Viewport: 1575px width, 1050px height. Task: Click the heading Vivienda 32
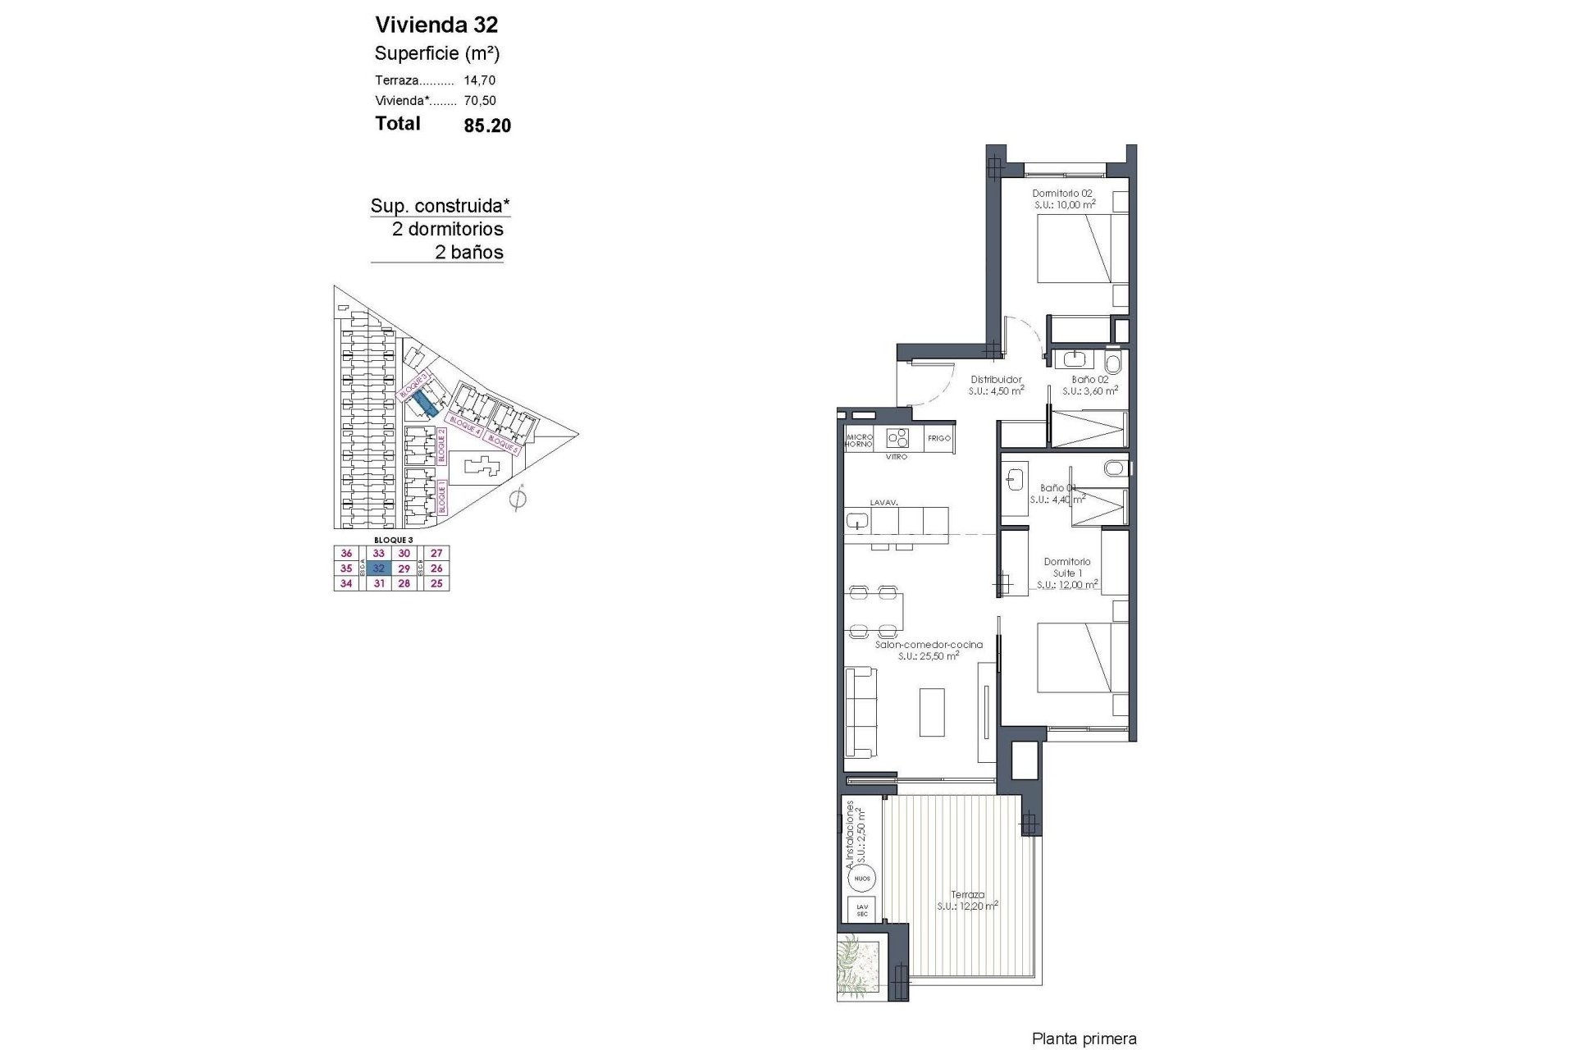(436, 24)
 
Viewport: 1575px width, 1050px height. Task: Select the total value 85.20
(487, 125)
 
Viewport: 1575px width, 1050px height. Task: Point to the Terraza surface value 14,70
(480, 80)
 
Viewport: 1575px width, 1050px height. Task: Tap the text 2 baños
(468, 253)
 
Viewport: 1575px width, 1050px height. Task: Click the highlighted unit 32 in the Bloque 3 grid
(378, 568)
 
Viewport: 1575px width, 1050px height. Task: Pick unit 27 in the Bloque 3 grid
(436, 554)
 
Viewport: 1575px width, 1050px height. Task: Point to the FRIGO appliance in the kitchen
(938, 438)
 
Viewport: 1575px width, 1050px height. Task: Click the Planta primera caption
(1084, 1039)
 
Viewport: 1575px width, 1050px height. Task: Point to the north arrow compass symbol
(517, 498)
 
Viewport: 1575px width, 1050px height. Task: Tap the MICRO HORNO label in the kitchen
(860, 440)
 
